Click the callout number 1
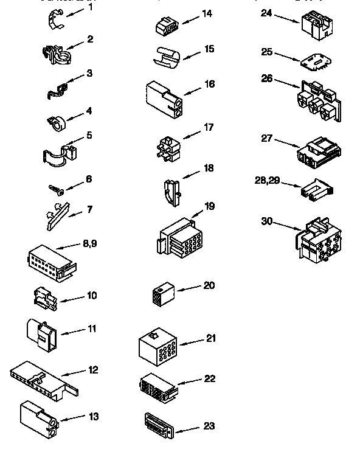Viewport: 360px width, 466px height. pos(91,9)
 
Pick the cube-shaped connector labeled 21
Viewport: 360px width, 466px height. pos(157,349)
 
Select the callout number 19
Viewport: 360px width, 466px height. pos(209,207)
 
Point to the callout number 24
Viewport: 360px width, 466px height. pos(266,12)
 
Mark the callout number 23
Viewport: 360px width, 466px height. pos(209,426)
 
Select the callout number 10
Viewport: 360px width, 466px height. pos(92,296)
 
